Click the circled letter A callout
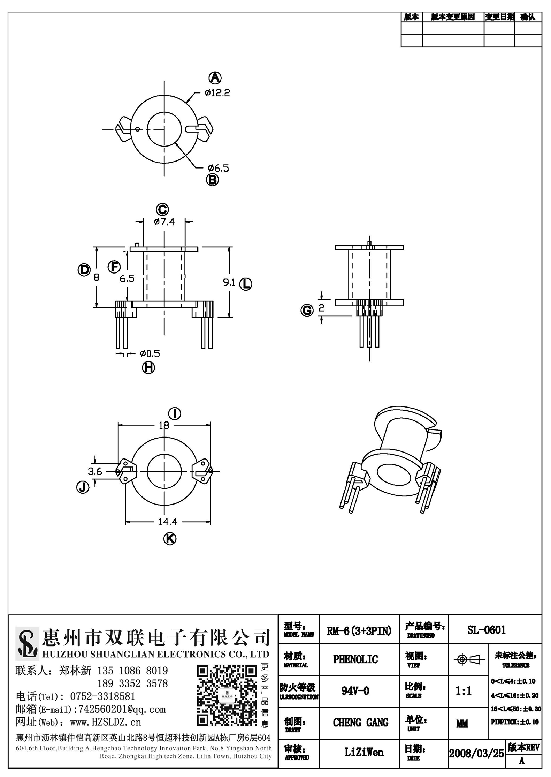click(x=215, y=77)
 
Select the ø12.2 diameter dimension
click(x=217, y=93)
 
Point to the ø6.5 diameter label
click(x=219, y=168)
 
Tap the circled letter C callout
click(x=162, y=209)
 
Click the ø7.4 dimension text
click(x=164, y=222)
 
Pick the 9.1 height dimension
click(x=229, y=283)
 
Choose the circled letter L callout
click(x=246, y=284)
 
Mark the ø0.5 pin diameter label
click(x=150, y=354)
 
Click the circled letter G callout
click(x=307, y=310)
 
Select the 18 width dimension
click(x=164, y=425)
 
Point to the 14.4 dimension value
click(x=168, y=522)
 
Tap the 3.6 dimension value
click(x=95, y=472)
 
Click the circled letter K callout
click(x=170, y=539)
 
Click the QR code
click(x=227, y=696)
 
